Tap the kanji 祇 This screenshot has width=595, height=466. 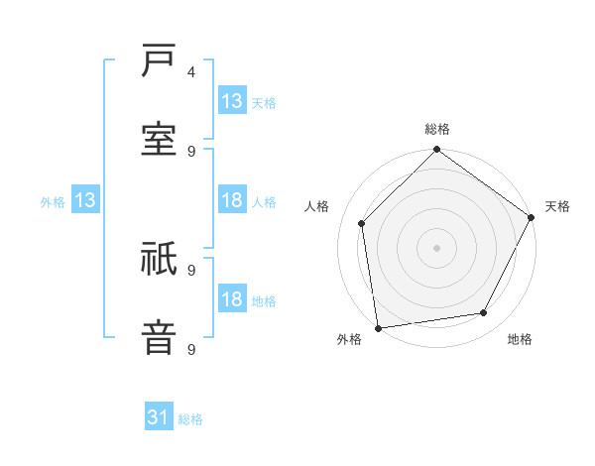point(160,260)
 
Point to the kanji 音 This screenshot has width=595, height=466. point(160,337)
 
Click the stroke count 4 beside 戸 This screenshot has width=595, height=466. point(191,72)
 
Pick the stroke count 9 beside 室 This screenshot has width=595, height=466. point(191,151)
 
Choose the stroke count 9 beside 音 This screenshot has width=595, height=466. point(191,348)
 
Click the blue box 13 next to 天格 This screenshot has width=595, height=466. point(232,101)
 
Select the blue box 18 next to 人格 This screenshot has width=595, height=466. point(232,201)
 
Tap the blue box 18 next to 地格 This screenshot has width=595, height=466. point(232,300)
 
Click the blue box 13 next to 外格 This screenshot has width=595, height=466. point(84,201)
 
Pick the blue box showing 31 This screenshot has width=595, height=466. point(159,418)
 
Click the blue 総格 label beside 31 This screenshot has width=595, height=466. point(190,419)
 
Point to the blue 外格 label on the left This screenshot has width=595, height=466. point(53,202)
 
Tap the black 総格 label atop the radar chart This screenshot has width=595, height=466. point(437,129)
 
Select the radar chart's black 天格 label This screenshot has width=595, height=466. point(557,206)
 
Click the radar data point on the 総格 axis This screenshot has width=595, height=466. point(437,151)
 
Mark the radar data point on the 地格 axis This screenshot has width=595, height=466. point(484,312)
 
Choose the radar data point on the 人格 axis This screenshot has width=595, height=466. point(362,223)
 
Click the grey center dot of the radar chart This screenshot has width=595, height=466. point(437,248)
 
